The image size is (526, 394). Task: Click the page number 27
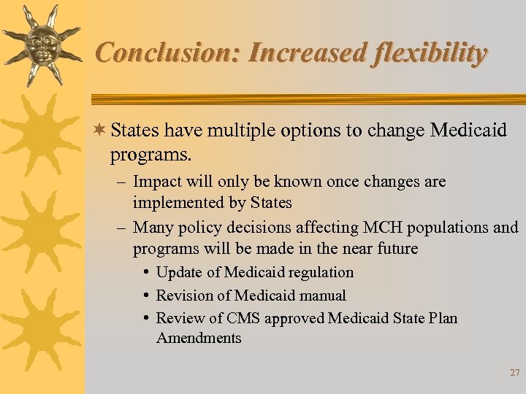pos(514,373)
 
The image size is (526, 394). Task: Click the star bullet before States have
pos(100,131)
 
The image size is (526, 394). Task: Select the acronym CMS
pos(243,318)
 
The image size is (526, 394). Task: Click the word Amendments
pos(199,338)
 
